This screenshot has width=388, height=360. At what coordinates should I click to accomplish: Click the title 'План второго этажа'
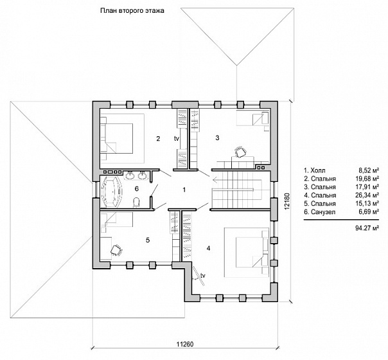[132, 11]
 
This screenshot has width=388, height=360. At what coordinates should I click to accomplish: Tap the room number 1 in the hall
[184, 190]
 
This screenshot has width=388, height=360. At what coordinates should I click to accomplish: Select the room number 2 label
[158, 138]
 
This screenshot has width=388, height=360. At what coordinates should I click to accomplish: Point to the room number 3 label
[217, 138]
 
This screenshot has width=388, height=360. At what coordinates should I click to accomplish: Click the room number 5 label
[148, 240]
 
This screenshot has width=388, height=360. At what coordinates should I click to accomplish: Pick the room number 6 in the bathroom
[137, 189]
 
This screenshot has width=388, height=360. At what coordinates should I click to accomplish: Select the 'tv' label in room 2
[177, 139]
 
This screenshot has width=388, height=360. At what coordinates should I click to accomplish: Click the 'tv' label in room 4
[203, 275]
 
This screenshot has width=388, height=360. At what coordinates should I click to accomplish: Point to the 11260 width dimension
[185, 344]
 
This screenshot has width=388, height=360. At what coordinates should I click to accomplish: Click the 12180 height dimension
[287, 201]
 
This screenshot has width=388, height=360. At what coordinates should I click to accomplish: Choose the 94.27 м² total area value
[367, 228]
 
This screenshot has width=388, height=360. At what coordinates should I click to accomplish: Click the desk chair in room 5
[116, 249]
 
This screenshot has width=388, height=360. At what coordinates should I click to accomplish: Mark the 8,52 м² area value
[369, 170]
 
